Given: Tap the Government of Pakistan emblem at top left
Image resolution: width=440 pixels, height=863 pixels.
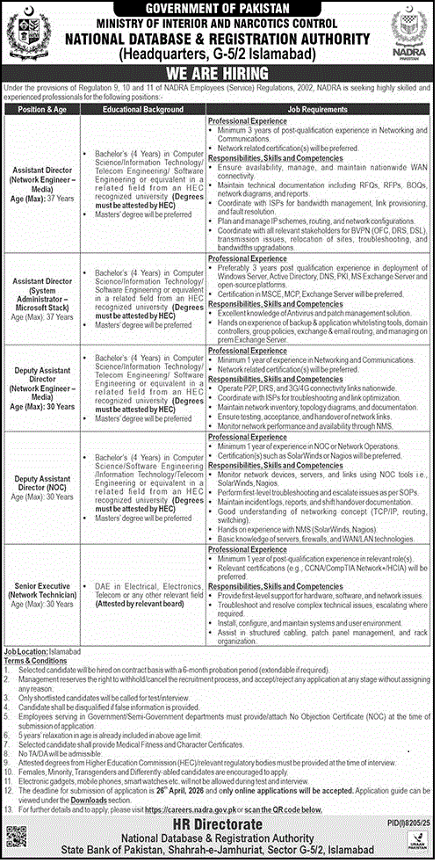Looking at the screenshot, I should click(23, 33).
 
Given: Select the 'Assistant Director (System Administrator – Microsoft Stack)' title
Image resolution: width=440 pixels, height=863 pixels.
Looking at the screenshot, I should click(41, 280).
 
